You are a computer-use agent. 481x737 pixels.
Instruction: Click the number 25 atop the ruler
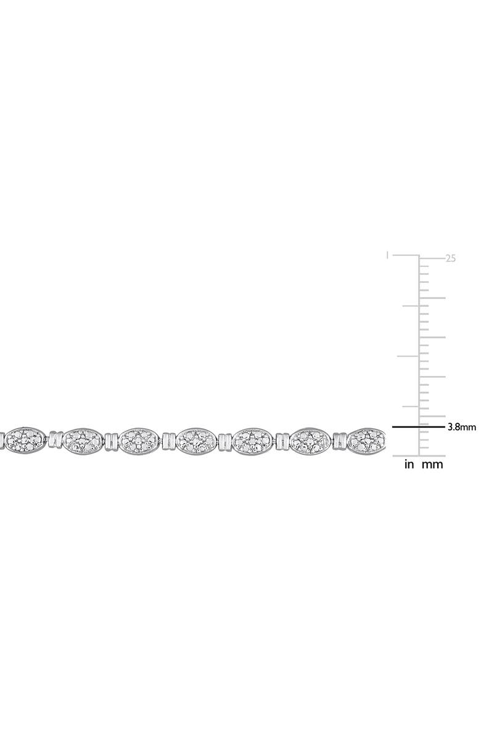450,259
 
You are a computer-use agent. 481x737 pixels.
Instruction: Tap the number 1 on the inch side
387,254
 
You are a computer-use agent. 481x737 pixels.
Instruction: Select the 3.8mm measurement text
461,426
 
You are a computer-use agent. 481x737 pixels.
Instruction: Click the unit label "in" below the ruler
409,465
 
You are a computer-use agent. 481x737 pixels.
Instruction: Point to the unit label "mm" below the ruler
432,465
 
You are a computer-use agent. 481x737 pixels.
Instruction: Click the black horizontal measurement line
419,426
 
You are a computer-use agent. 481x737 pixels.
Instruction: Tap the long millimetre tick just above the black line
432,416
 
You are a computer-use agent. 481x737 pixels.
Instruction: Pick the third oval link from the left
139,441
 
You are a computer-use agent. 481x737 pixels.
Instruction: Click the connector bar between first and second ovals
54,440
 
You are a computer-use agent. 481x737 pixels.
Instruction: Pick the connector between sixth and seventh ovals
338,441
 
